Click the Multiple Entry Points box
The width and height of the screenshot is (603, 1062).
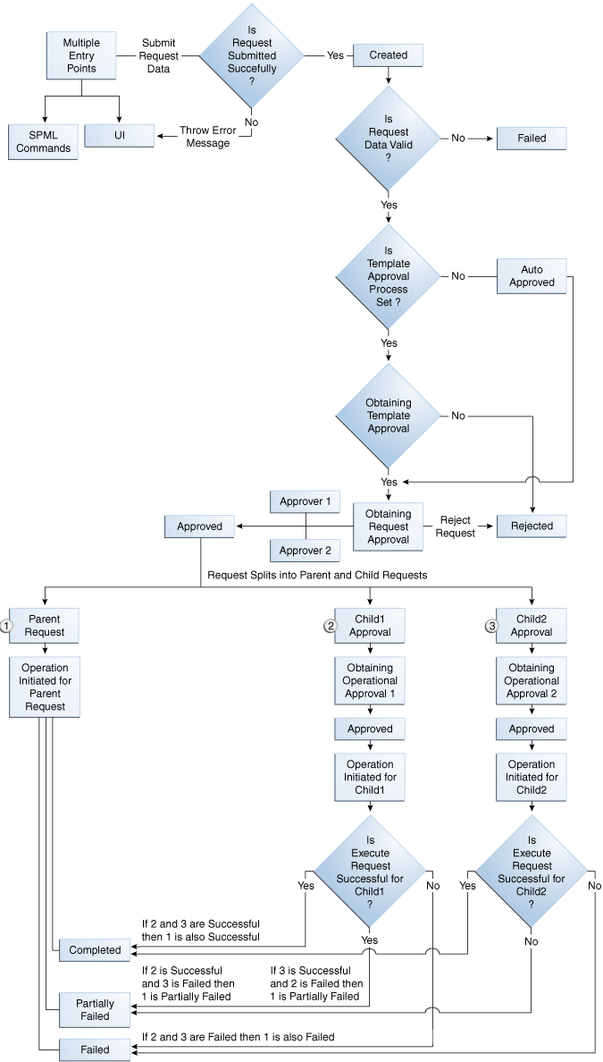coord(81,55)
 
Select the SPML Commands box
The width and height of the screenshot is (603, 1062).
coord(43,141)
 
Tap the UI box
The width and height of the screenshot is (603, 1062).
coord(120,135)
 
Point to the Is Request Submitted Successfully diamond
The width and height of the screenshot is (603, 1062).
coord(251,55)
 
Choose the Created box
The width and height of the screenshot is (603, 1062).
coord(388,55)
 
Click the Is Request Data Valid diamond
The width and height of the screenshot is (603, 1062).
coord(388,139)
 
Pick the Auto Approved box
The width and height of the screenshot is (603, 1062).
coord(532,276)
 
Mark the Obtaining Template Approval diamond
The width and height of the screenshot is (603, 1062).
coord(388,416)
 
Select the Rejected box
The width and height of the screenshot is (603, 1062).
coord(532,527)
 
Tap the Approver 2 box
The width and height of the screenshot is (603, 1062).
coord(305,551)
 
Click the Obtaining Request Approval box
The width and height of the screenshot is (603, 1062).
coord(388,527)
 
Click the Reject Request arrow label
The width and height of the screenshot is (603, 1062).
coord(456,527)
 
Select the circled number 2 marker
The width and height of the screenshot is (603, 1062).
coord(330,626)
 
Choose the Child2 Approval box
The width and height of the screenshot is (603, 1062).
coord(532,626)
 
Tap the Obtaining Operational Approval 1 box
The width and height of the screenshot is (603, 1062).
coord(370,681)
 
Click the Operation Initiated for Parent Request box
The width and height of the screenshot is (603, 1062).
coord(45,687)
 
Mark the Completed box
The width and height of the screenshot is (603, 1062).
coord(95,950)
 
